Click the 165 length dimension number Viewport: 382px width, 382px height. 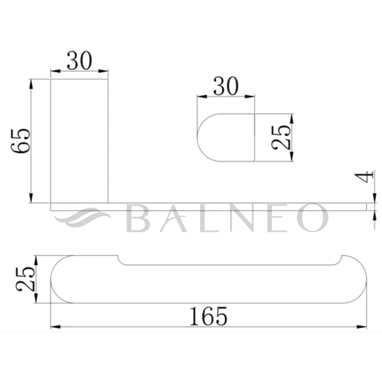[208, 316]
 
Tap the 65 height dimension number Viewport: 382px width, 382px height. [21, 141]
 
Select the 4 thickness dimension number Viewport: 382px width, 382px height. [364, 177]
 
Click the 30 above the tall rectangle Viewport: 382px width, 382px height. [80, 61]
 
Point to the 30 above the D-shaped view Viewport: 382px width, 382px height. [226, 86]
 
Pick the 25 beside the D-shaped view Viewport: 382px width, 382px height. [281, 137]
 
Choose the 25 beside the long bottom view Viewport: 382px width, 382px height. [25, 279]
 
